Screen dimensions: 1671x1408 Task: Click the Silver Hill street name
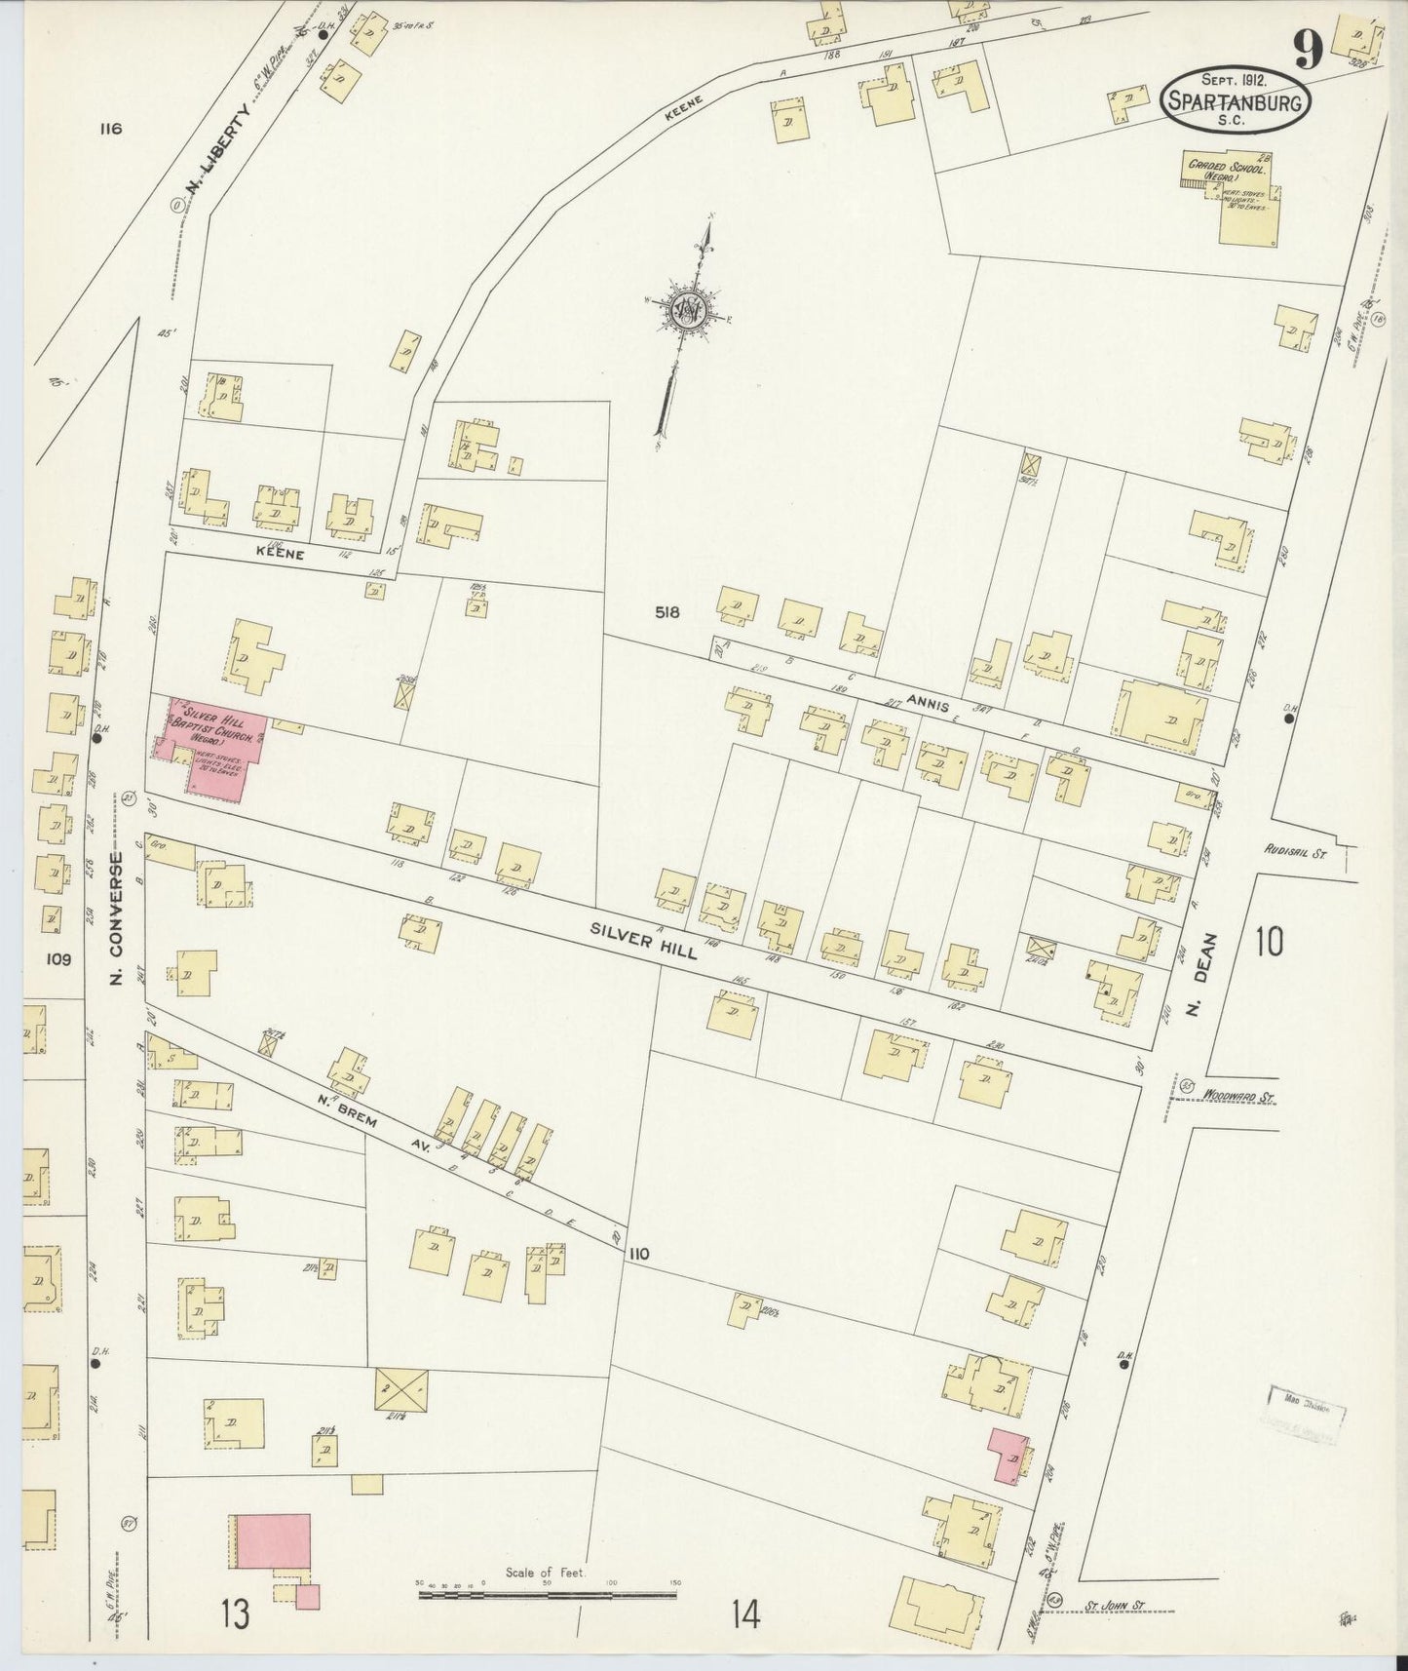[643, 941]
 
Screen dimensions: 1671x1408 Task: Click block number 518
[667, 612]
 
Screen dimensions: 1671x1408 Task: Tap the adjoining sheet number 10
[1269, 942]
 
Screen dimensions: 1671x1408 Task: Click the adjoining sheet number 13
[235, 1613]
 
